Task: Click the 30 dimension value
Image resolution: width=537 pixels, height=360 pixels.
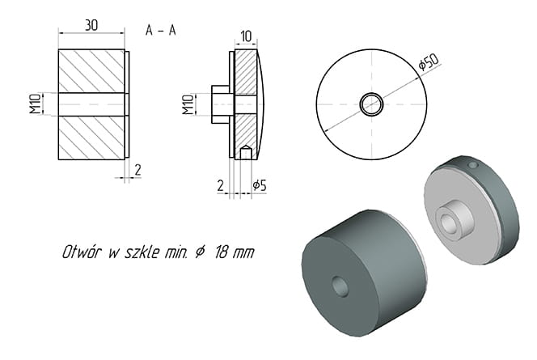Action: [91, 25]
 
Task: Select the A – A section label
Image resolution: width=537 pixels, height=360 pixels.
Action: [161, 31]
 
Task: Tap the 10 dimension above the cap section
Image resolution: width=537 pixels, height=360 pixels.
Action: [246, 36]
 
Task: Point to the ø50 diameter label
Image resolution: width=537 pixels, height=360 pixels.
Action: [429, 62]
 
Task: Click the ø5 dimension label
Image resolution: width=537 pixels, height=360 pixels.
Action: [260, 185]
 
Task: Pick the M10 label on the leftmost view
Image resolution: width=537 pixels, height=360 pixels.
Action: [35, 104]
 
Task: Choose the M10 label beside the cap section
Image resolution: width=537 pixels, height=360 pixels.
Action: [188, 104]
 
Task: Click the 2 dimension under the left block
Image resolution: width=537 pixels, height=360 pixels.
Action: [137, 170]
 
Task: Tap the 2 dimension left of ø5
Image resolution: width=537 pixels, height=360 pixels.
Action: [221, 185]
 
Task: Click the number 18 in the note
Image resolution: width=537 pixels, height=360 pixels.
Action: [222, 252]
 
